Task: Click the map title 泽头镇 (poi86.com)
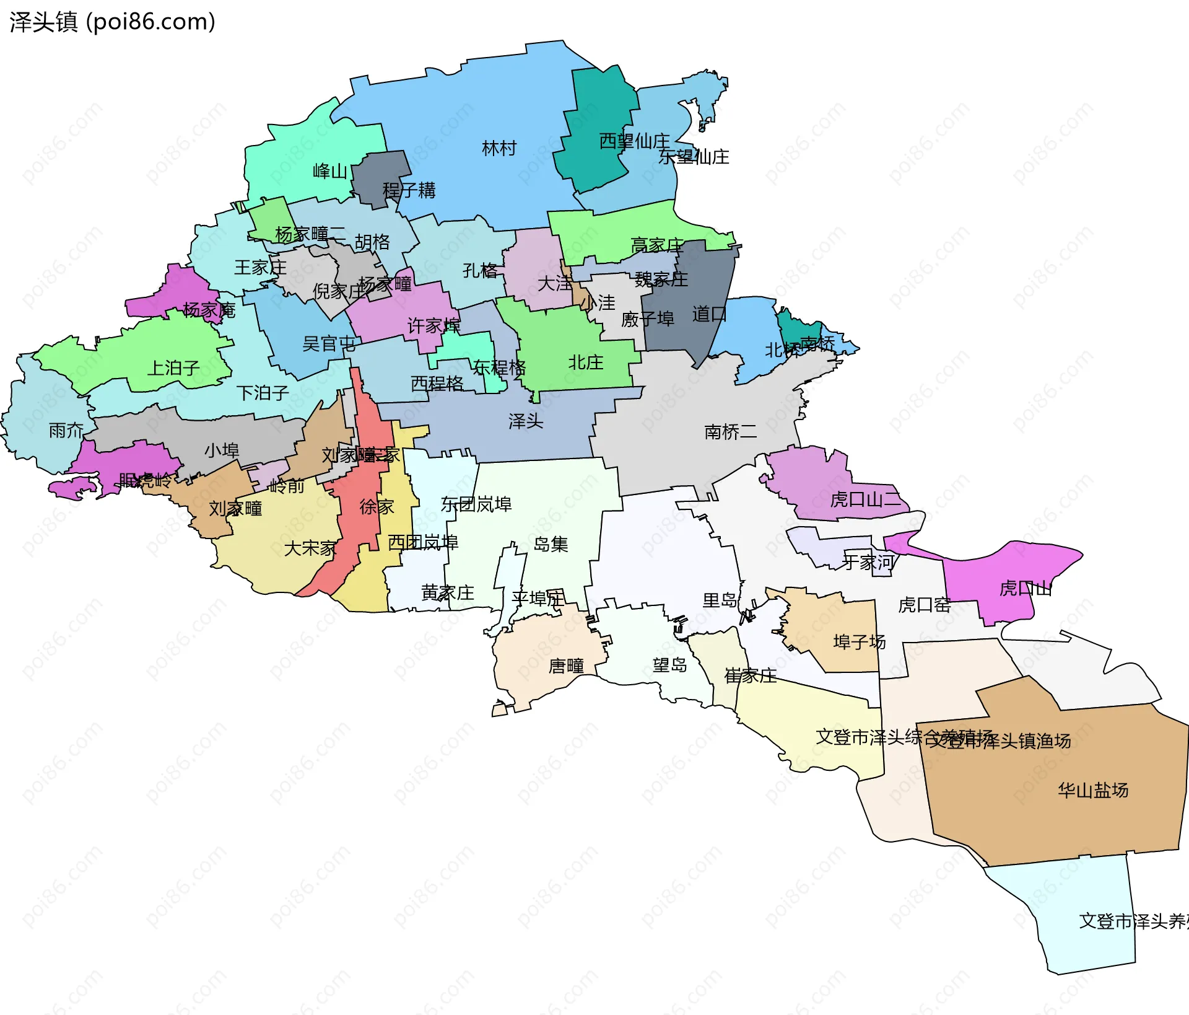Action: (113, 22)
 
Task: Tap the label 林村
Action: (499, 149)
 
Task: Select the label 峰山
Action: (329, 171)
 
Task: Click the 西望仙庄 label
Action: (634, 141)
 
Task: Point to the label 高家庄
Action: (656, 246)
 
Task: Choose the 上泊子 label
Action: (173, 368)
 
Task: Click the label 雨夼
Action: (66, 430)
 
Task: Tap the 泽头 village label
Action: (525, 422)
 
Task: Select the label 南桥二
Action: (730, 432)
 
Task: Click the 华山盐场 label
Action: (1092, 790)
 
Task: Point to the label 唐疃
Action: (566, 666)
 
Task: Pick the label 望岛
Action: (669, 666)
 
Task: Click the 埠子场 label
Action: (859, 642)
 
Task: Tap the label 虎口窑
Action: (924, 605)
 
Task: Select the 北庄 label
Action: (585, 362)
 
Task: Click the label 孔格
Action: (480, 271)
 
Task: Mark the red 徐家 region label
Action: (377, 507)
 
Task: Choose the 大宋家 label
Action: (310, 548)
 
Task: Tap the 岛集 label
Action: (551, 545)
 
